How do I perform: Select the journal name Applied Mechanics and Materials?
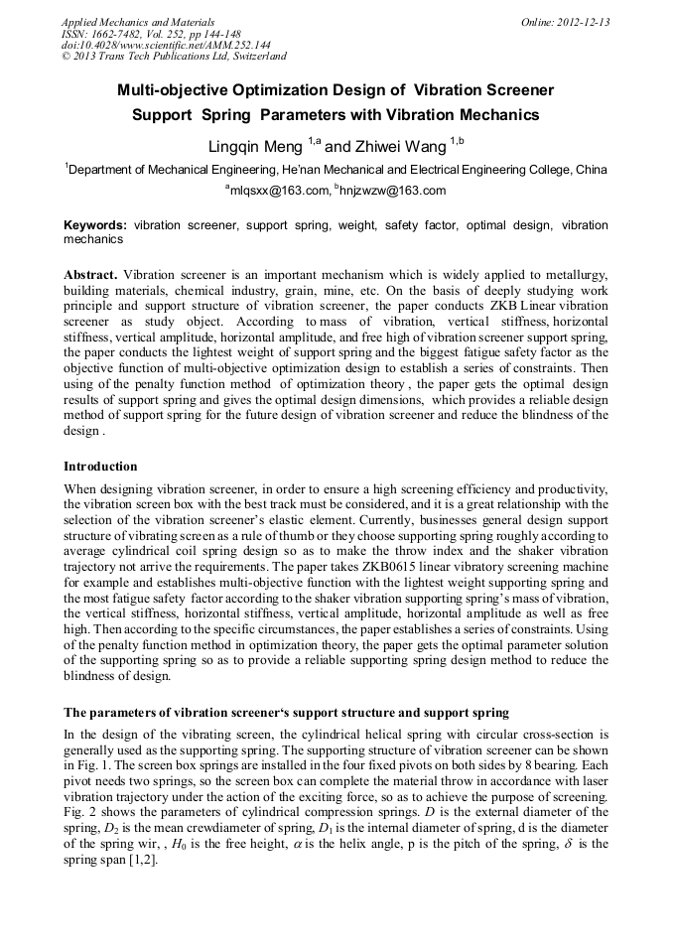pos(138,22)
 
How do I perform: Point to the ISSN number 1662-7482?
pos(128,34)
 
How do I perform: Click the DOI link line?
pos(166,46)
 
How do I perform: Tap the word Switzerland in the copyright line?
pos(253,58)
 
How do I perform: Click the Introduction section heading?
pos(100,467)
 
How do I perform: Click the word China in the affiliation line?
pos(592,170)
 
